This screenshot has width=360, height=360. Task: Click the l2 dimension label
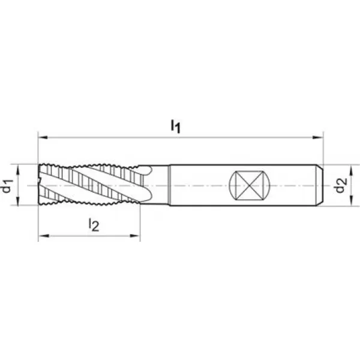click(x=94, y=224)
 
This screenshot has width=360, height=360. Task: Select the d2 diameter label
click(x=340, y=185)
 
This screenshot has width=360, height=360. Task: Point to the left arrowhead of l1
click(x=43, y=137)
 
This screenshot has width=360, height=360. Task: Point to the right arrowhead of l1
click(x=318, y=137)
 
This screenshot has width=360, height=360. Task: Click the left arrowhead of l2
click(x=44, y=236)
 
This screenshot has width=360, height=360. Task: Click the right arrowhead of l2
click(x=135, y=236)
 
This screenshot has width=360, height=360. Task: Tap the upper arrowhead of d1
click(x=18, y=169)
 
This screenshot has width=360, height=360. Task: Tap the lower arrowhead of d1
click(x=18, y=200)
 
